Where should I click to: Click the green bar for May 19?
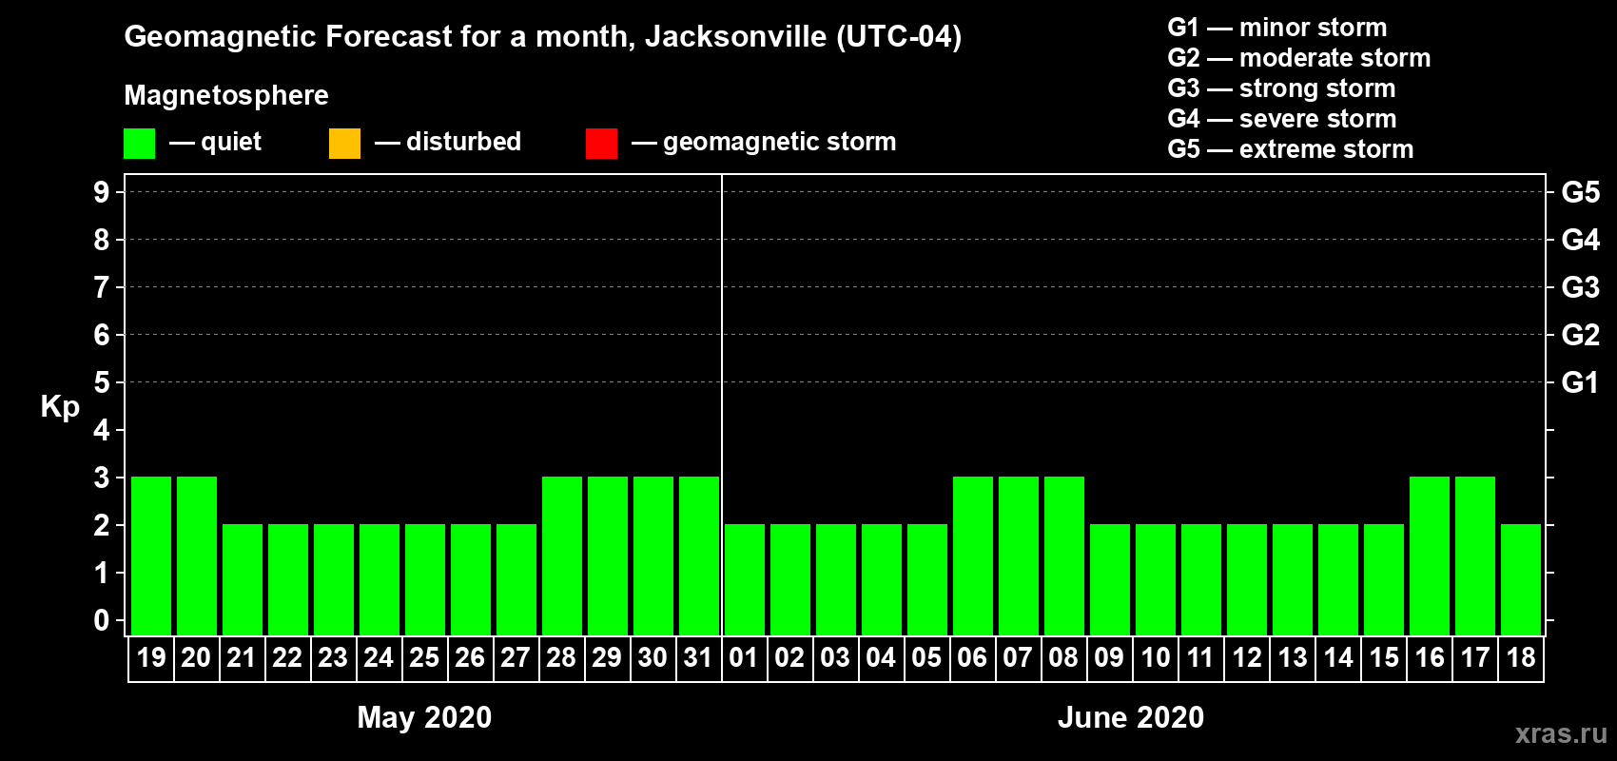pos(151,556)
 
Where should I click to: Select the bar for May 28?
pos(562,556)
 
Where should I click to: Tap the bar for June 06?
pos(973,556)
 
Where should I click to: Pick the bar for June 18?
pos(1521,579)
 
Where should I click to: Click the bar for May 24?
pos(380,579)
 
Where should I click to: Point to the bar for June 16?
pos(1430,556)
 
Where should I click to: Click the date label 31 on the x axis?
pos(698,657)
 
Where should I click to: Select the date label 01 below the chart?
pos(744,657)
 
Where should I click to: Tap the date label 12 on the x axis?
pos(1246,657)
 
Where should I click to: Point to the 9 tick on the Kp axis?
pos(102,192)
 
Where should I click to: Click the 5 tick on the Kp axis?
pos(102,382)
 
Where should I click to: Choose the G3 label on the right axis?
pos(1580,287)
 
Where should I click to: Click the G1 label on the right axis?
pos(1580,382)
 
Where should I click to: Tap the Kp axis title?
pos(60,407)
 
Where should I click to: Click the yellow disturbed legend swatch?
pos(344,144)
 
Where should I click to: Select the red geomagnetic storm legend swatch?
pos(601,144)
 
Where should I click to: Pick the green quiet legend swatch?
pos(139,144)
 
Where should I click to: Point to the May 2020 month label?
pos(424,717)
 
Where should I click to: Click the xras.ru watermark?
pos(1561,733)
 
